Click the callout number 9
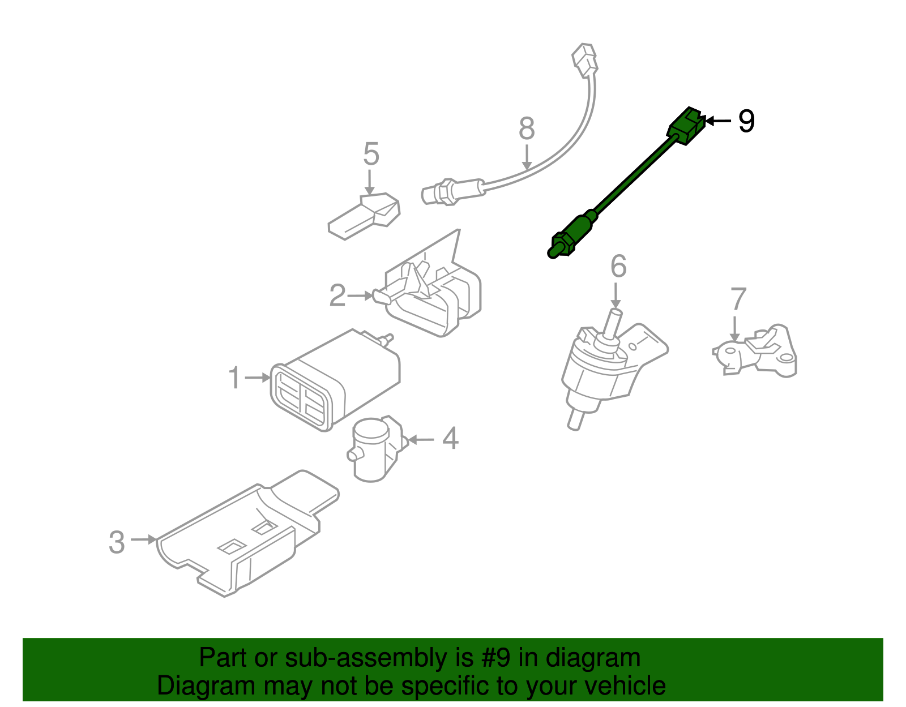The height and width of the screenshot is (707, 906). (746, 121)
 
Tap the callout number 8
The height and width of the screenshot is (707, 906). (527, 128)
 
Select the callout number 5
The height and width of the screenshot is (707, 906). (370, 154)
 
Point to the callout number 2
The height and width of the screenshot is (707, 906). (337, 295)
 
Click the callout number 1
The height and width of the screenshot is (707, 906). (234, 378)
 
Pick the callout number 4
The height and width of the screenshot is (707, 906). (450, 439)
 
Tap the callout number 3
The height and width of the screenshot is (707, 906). (117, 542)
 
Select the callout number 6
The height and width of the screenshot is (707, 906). (618, 267)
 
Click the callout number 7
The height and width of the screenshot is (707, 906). (738, 299)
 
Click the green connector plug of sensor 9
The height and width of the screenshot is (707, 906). (687, 125)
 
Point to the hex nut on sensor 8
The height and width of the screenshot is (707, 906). (447, 192)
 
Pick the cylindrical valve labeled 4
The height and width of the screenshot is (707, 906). (371, 450)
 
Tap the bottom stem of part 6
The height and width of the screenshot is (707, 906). (575, 420)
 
